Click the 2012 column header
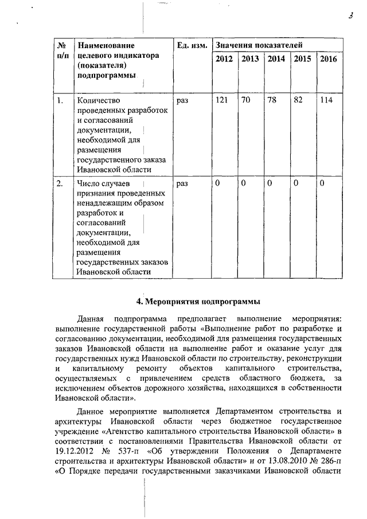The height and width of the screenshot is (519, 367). pyautogui.click(x=224, y=59)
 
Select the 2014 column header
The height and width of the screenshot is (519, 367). pyautogui.click(x=276, y=59)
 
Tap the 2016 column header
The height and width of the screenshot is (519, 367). pyautogui.click(x=329, y=59)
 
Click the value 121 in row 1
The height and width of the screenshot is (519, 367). pyautogui.click(x=221, y=100)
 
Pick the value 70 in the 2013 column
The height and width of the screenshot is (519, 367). pyautogui.click(x=246, y=100)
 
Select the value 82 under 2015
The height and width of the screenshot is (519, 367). pyautogui.click(x=298, y=100)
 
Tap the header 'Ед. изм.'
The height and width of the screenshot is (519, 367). pyautogui.click(x=192, y=45)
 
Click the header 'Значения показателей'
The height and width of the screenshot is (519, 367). pyautogui.click(x=259, y=45)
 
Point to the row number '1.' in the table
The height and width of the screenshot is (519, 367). pyautogui.click(x=60, y=100)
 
